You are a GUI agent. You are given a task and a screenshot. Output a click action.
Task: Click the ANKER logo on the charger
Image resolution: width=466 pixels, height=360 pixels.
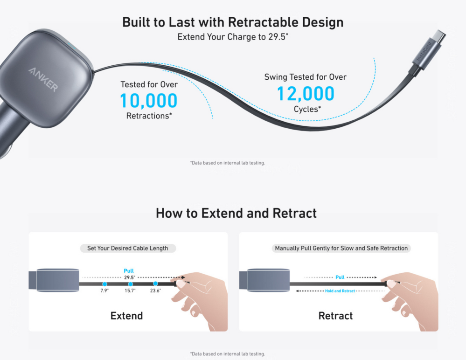coord(43,79)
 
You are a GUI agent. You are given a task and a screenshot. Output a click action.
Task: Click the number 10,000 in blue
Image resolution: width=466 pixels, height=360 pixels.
coord(149,100)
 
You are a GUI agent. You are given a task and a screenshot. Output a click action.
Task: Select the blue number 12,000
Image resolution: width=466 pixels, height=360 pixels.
coord(306,93)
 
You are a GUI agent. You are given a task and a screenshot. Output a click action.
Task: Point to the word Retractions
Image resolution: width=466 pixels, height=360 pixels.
coord(148,116)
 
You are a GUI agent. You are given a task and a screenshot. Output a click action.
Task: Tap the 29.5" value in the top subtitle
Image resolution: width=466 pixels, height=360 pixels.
coord(278,36)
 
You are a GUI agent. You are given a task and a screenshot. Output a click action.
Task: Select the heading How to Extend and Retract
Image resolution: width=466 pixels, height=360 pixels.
coord(236,213)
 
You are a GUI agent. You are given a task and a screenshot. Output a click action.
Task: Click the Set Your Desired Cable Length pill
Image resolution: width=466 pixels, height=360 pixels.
coord(128,249)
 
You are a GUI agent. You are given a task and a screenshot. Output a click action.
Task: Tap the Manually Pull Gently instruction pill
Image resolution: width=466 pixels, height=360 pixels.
coord(341,249)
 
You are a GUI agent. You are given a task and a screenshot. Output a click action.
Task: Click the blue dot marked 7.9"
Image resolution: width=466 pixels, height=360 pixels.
coord(104,284)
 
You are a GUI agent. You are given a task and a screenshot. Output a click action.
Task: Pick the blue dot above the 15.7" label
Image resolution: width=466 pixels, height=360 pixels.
coord(130,284)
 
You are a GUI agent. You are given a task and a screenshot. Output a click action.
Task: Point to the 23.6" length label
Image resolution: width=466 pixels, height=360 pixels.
coord(155,291)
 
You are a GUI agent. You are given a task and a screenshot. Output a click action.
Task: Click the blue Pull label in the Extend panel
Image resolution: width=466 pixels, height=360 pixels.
coord(129,270)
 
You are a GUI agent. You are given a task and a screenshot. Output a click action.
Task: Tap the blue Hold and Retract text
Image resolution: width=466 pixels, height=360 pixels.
coord(340,291)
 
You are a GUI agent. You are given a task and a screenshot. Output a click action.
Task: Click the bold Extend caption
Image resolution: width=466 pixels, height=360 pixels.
coord(126,315)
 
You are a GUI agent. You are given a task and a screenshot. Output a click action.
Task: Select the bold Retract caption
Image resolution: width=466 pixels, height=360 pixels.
coord(335,315)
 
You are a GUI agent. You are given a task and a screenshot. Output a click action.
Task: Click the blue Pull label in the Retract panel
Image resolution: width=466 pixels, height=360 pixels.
coord(340,277)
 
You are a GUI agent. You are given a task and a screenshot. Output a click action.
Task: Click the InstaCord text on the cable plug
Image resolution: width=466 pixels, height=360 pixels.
coord(424,52)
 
